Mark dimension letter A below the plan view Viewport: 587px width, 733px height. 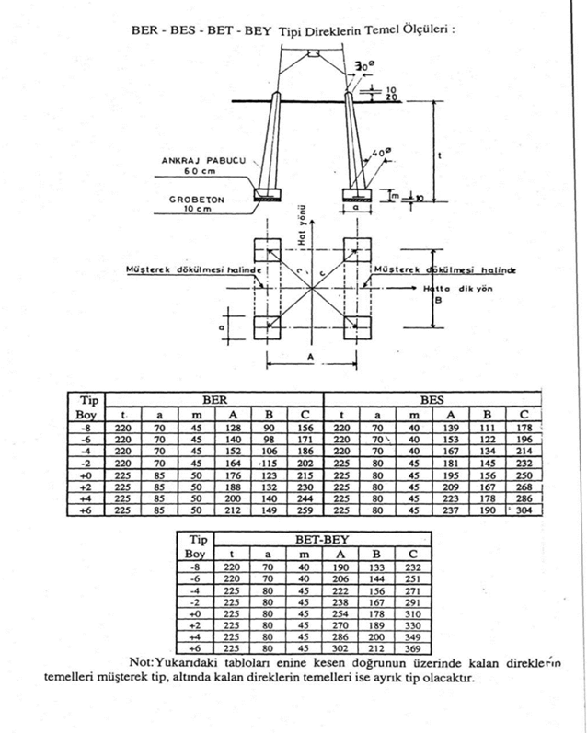click(x=314, y=353)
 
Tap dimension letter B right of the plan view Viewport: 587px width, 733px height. click(x=439, y=298)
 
